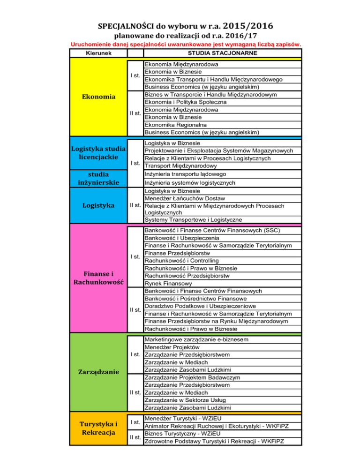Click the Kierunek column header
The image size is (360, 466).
pos(98,53)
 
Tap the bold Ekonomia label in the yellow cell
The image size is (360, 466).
pos(98,97)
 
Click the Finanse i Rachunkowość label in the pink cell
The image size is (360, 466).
pos(98,278)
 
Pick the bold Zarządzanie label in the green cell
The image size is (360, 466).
pos(98,373)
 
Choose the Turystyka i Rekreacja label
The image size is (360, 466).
pos(98,428)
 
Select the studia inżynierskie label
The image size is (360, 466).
pos(98,178)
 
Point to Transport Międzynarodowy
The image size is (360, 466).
pos(180,166)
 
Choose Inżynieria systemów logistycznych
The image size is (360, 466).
pos(190,183)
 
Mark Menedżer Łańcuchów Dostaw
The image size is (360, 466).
pos(185,198)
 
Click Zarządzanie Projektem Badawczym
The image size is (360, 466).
pos(193,377)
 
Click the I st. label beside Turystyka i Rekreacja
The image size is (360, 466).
pos(135,422)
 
